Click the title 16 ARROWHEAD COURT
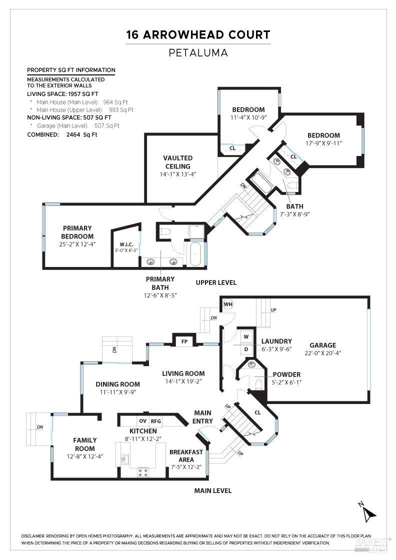198,34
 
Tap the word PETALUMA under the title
198,51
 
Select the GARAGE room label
322,345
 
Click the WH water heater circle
228,304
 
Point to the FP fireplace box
184,341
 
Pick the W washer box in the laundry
246,336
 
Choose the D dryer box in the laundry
246,348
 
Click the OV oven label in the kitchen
142,421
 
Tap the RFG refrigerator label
156,421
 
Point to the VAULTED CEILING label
177,162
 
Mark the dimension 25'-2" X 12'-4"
77,244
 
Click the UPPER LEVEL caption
216,282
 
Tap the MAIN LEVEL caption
213,490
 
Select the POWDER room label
286,374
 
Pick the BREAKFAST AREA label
186,455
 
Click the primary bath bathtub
195,254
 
